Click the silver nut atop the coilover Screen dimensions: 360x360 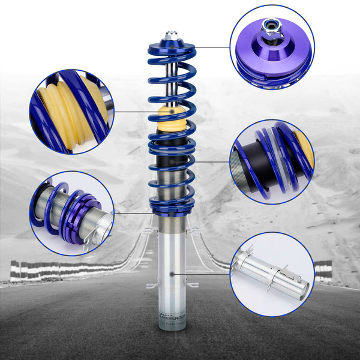172,37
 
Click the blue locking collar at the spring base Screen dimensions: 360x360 172,207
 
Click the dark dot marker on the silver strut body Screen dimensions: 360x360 172,274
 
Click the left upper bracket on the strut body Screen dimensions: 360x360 149,230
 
